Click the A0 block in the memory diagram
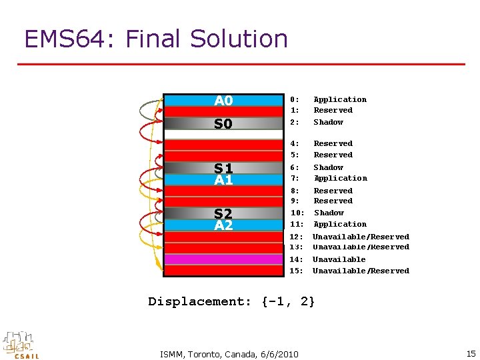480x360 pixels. pos(223,101)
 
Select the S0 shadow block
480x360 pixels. pos(223,123)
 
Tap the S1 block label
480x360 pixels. pos(223,168)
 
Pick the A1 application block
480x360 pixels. pos(223,179)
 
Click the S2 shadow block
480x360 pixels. pos(223,213)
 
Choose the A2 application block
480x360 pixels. pos(223,225)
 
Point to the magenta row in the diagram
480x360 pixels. pos(223,259)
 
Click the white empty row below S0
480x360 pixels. pos(223,135)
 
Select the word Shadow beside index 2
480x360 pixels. pos(328,122)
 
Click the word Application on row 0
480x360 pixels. pos(340,99)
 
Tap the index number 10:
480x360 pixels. pos(297,213)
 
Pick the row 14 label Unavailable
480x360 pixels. pos(339,259)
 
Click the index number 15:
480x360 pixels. pos(297,271)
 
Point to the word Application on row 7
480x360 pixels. pos(340,178)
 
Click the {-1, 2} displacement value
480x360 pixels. pos(289,301)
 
